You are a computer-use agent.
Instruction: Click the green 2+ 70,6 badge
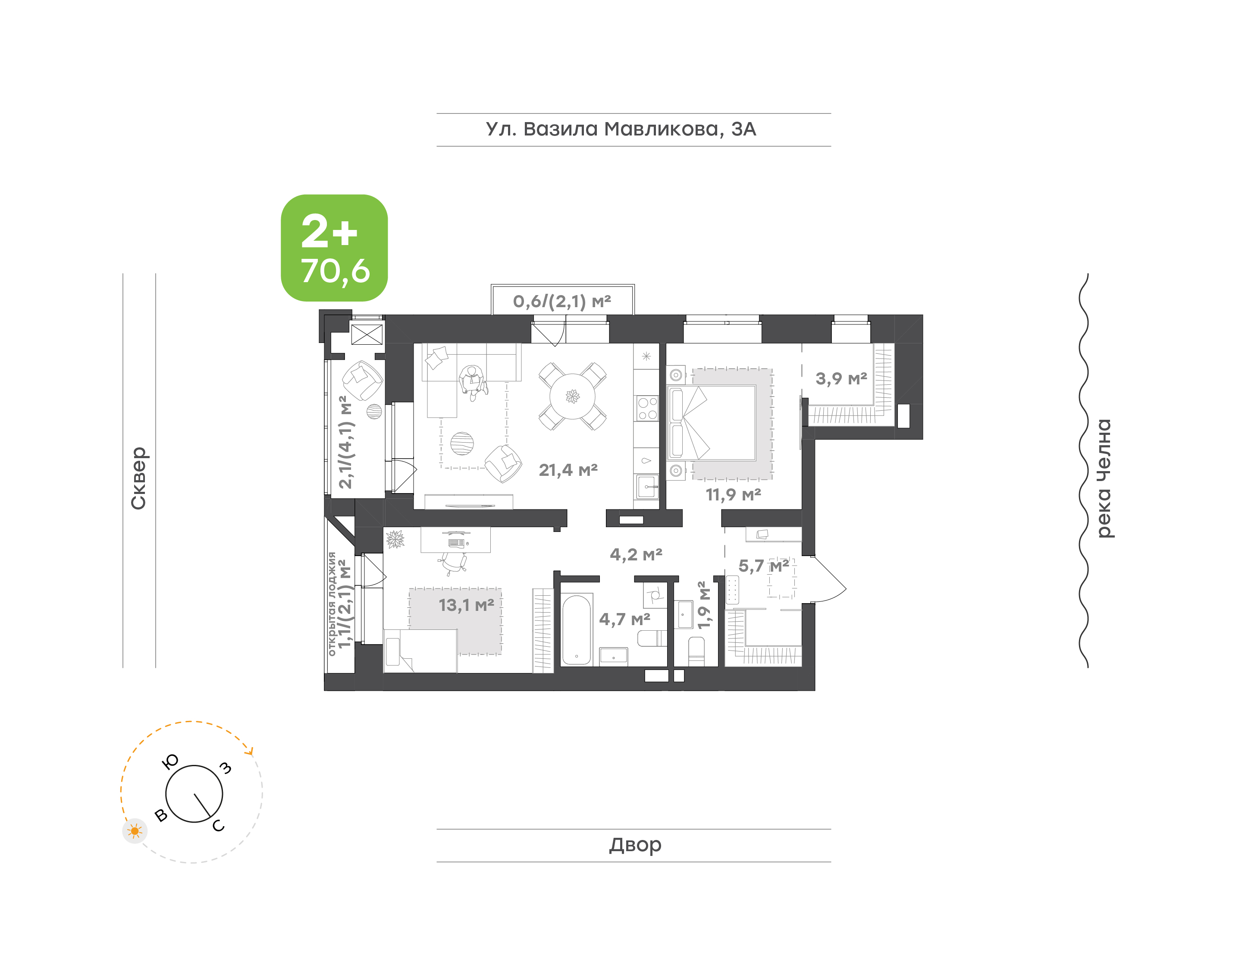[334, 248]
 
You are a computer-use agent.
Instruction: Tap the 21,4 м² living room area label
[568, 470]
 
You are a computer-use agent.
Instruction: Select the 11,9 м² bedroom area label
[733, 494]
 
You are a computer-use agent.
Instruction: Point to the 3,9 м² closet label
[841, 378]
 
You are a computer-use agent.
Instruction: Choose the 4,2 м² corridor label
[636, 554]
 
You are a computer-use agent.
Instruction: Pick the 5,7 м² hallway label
[764, 566]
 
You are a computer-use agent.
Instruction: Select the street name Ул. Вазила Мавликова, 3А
[621, 129]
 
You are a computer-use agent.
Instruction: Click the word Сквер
[138, 478]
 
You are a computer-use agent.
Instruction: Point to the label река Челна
[1104, 478]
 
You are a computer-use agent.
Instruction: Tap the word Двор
[635, 845]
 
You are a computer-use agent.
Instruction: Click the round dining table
[572, 396]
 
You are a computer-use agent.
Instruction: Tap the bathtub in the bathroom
[576, 631]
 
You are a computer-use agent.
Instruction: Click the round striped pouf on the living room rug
[462, 443]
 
